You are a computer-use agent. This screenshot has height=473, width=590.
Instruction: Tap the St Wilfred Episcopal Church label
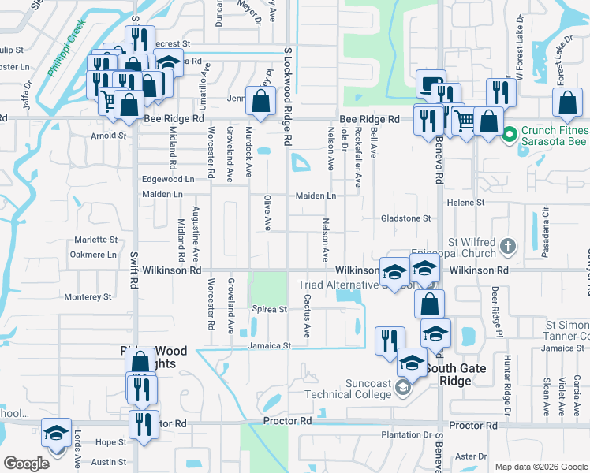(x=472, y=248)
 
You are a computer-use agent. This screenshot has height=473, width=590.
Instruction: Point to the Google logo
(x=26, y=464)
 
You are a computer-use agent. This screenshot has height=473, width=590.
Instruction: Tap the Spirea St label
(x=269, y=310)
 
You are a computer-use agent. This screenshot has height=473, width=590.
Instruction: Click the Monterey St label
(x=88, y=297)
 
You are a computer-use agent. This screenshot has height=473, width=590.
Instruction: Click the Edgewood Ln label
(x=167, y=180)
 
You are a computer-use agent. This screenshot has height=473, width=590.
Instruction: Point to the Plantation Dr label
(x=405, y=435)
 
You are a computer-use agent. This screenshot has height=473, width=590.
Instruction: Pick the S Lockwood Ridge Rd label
(x=288, y=95)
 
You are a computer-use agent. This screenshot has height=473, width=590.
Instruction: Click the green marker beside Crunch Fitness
(x=509, y=134)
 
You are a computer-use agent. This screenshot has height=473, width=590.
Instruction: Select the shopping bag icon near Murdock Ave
(x=260, y=101)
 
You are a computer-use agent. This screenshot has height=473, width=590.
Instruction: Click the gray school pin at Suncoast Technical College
(x=403, y=386)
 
